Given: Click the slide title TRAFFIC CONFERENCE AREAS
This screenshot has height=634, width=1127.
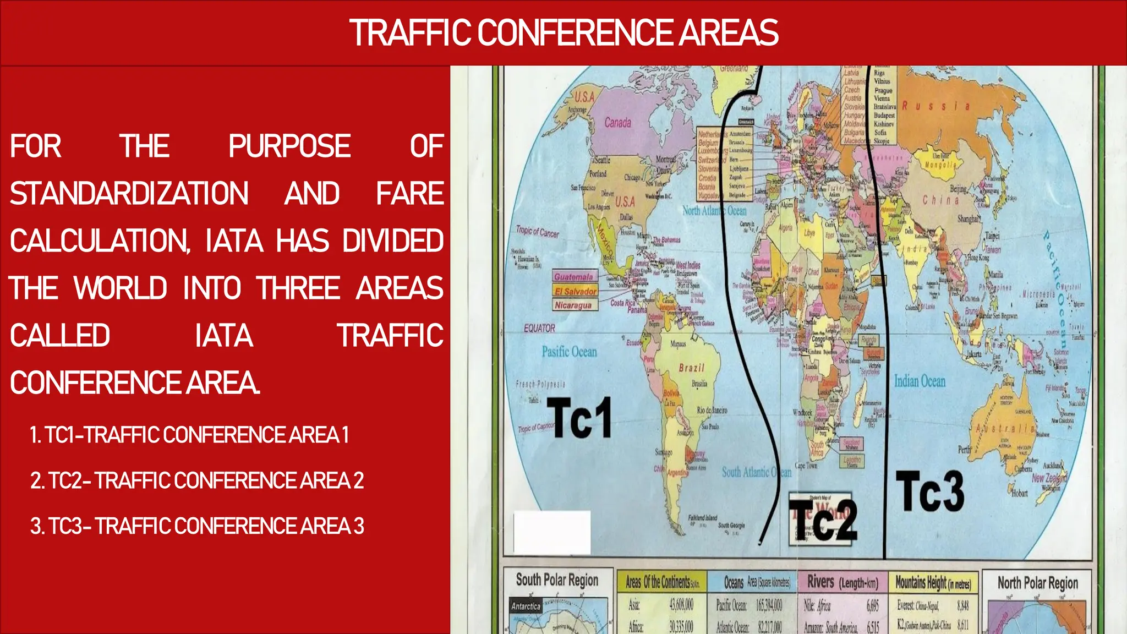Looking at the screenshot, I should (x=563, y=32).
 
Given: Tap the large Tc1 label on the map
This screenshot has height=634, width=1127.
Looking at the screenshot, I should (x=579, y=418).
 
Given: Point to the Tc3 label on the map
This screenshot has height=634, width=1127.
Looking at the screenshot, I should (x=929, y=491).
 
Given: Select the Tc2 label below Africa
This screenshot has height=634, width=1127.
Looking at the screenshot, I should (x=824, y=520).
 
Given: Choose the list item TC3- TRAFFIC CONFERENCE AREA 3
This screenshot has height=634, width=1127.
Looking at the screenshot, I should (x=197, y=526).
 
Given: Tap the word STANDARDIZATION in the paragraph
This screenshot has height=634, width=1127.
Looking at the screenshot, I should (x=129, y=194).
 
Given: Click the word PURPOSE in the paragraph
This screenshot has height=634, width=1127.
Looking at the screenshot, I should (x=289, y=146).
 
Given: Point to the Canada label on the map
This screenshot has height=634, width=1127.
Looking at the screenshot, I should (x=617, y=123).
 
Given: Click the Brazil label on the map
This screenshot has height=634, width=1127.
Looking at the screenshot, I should (x=691, y=368).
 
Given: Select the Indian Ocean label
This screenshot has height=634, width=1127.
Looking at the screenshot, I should (x=920, y=381).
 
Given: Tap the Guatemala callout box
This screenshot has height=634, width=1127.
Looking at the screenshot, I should (x=574, y=277).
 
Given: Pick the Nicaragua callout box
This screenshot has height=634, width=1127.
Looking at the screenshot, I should (x=573, y=305).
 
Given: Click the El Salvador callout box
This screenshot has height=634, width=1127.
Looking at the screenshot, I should (x=575, y=291).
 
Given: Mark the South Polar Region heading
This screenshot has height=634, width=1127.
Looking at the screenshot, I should (x=557, y=580).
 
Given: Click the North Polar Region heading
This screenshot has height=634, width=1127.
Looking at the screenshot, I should (x=1037, y=583).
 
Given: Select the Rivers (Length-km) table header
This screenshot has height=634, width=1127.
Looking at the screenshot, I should (x=842, y=582).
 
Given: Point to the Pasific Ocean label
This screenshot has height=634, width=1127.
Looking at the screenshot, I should (x=569, y=352).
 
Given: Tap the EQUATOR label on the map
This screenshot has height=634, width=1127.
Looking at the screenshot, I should (x=539, y=328).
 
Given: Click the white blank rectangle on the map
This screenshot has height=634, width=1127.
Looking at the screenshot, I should (x=552, y=532).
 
